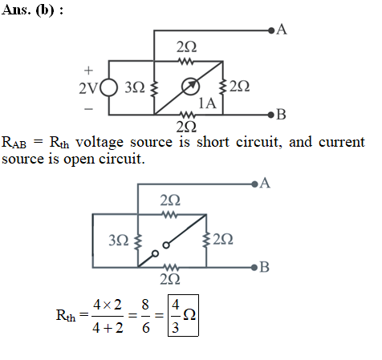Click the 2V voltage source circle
point(109,87)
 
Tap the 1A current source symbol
point(190,87)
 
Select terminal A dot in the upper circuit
point(271,30)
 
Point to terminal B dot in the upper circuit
point(271,115)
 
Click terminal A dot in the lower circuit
point(254,184)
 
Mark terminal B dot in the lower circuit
point(254,267)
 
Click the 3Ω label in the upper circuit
point(135,87)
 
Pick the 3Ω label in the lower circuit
point(119,240)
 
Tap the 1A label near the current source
point(207,103)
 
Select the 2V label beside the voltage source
point(88,88)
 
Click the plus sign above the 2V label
point(88,71)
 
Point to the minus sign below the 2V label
point(88,109)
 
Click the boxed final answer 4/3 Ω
point(183,315)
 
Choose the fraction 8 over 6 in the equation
point(145,316)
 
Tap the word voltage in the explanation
point(100,142)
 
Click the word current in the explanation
point(342,142)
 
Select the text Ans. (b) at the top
point(32,10)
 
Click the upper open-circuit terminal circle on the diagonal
point(166,245)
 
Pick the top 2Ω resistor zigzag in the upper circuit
point(186,62)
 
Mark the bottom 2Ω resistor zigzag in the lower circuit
point(170,267)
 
